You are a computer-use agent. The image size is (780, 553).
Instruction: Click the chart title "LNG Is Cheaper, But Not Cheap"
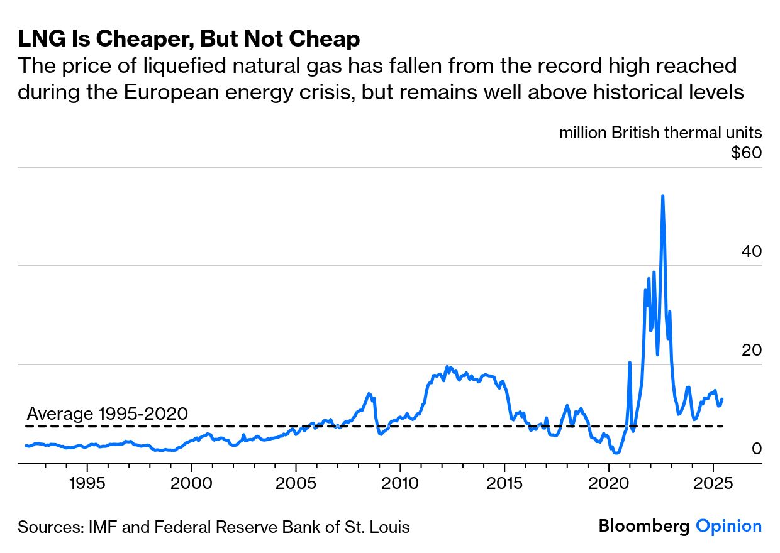tap(189, 40)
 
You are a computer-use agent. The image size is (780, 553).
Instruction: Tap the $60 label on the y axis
tap(746, 153)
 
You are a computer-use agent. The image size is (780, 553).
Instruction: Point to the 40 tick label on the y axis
tap(752, 251)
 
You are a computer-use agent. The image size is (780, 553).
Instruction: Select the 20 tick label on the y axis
tap(752, 350)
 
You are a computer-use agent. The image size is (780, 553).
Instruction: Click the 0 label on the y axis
tap(757, 449)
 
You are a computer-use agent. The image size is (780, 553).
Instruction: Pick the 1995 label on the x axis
tap(87, 485)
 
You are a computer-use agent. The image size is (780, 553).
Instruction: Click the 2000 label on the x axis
tap(191, 485)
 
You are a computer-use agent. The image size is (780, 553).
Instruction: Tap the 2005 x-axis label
tap(296, 485)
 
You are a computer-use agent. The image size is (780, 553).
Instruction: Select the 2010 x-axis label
tap(400, 485)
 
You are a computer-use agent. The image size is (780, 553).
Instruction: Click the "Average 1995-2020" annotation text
tap(108, 413)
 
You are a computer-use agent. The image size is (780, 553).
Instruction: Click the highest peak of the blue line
tap(662, 196)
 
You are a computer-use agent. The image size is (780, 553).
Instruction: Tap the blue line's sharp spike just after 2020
tap(630, 363)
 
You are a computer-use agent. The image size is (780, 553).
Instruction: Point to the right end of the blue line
tap(722, 399)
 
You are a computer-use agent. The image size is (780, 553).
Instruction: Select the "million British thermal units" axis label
tap(660, 133)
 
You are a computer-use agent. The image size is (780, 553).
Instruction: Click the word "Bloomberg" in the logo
tap(644, 526)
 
